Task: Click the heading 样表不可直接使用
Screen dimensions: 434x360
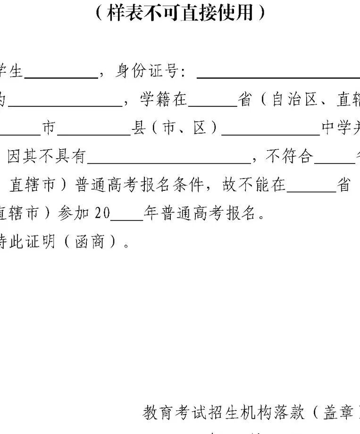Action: pos(180,13)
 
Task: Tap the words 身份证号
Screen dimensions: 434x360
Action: pos(146,72)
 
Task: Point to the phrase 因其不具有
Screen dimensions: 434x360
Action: pos(46,157)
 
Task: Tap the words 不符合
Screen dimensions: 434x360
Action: pos(289,157)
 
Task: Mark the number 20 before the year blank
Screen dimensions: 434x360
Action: pos(102,213)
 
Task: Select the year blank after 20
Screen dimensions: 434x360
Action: pos(126,219)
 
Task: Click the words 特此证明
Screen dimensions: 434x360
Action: pos(28,242)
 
